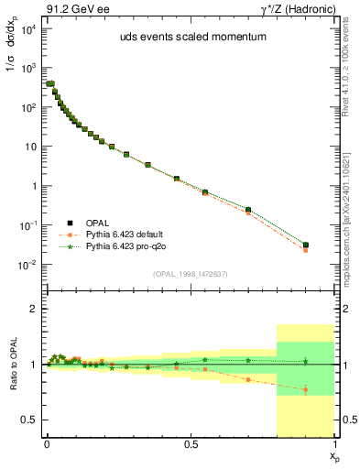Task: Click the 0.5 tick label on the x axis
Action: [191, 443]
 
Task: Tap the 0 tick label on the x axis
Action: [47, 443]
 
